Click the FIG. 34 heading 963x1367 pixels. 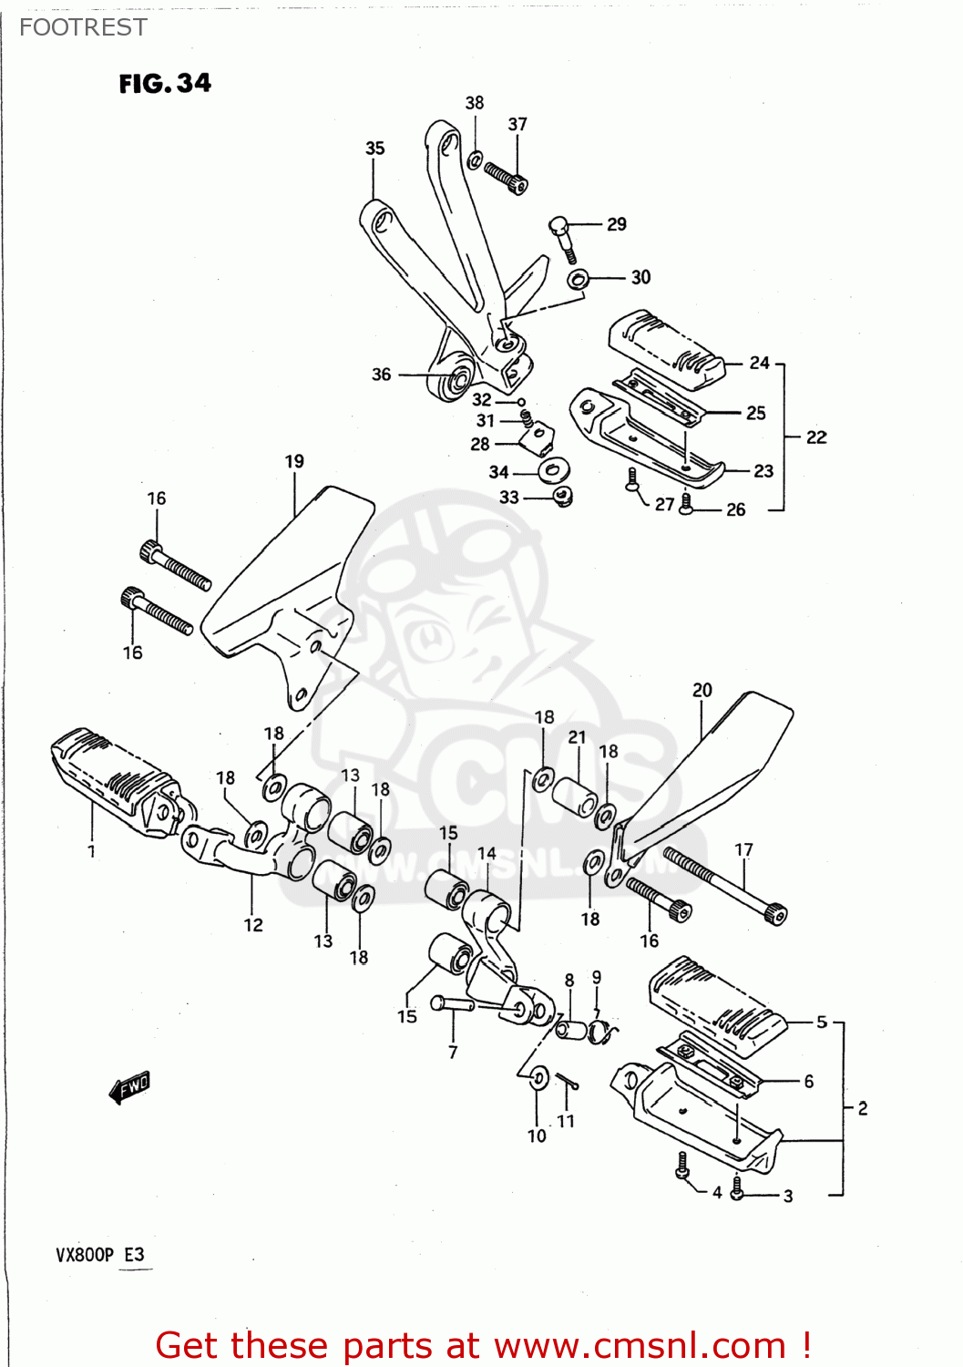click(165, 84)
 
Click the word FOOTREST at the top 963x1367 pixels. click(83, 27)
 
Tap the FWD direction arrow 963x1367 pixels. click(129, 1086)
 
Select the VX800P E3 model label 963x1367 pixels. click(99, 1255)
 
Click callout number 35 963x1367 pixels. click(374, 149)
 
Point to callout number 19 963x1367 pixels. click(294, 462)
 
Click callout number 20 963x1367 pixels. click(702, 691)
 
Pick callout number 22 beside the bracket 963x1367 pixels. click(816, 437)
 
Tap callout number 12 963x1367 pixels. click(253, 925)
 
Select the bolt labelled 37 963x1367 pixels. click(506, 177)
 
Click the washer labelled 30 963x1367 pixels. click(578, 278)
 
